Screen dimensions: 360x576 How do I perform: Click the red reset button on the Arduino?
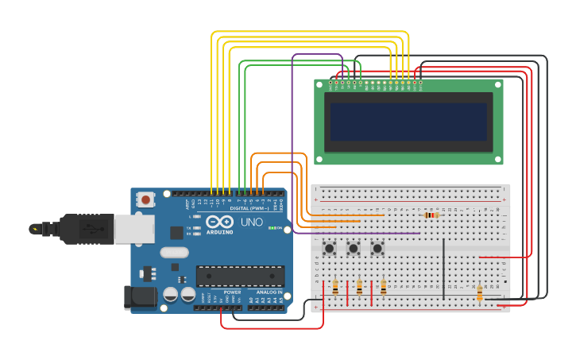pos(145,199)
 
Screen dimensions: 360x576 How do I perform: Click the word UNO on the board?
pos(252,222)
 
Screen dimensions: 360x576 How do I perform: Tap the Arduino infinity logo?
pos(220,222)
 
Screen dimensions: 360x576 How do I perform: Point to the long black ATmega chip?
pos(240,276)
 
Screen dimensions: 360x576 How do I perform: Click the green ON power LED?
pos(271,229)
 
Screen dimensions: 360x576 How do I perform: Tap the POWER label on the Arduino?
pos(232,292)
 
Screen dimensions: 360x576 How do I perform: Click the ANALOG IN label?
pos(266,292)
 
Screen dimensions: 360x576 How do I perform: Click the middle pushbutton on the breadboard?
pos(354,249)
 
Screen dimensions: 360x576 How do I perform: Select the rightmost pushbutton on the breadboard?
pos(377,249)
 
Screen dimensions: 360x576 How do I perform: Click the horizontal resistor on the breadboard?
pos(431,215)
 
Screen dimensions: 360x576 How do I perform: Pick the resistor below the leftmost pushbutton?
pos(335,287)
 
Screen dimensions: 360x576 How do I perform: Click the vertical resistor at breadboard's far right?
pos(479,294)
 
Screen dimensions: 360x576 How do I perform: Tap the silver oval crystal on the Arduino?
pos(174,253)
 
